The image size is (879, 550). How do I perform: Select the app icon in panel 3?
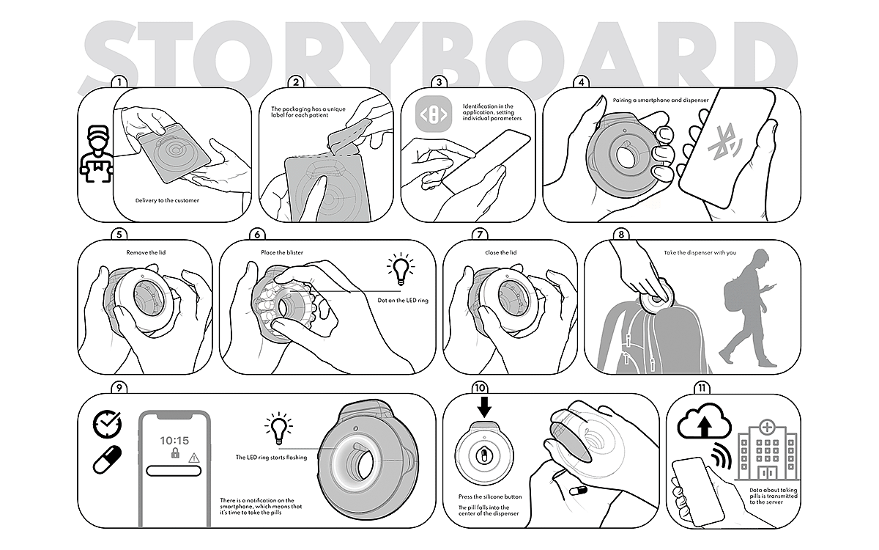coord(434,114)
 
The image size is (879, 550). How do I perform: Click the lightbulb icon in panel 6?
coord(401,269)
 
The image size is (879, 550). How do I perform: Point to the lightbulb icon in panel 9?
coord(278,428)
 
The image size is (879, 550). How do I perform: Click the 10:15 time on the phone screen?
coord(174,441)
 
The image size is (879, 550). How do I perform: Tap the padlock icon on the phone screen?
coord(175,453)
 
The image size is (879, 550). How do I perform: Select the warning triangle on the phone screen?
coord(194,458)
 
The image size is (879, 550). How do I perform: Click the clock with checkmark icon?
coord(107,425)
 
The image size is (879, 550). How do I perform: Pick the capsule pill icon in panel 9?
coord(107,459)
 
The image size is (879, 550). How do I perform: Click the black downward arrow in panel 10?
coord(484,407)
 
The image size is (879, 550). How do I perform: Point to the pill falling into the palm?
coord(579,491)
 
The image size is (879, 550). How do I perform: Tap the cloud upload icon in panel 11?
coord(704,421)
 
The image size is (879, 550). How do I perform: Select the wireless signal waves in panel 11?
coord(722,455)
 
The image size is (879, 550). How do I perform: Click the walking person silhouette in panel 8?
coord(748,307)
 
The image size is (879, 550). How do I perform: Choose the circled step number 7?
coord(480,235)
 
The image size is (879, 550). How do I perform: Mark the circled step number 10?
coord(480,388)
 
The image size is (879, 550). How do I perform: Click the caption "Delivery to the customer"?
coord(167,200)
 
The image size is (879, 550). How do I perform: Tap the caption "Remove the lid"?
coord(146,252)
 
